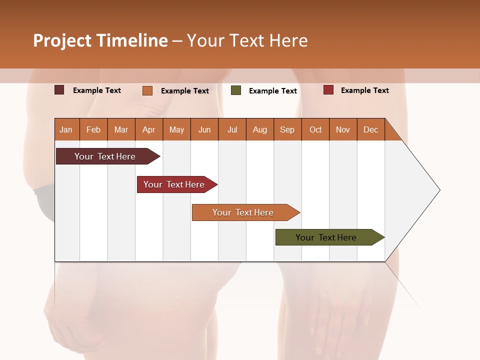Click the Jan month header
[66, 129]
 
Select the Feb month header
[93, 129]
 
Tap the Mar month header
[121, 129]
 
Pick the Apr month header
[149, 129]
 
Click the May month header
[176, 129]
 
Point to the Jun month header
[204, 129]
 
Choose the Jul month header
[232, 129]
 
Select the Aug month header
[260, 129]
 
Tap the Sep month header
[287, 129]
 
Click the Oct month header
[315, 129]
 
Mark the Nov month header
[343, 129]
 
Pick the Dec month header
[371, 129]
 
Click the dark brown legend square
[59, 90]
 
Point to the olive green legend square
[236, 90]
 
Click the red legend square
[328, 90]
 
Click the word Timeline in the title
[132, 40]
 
